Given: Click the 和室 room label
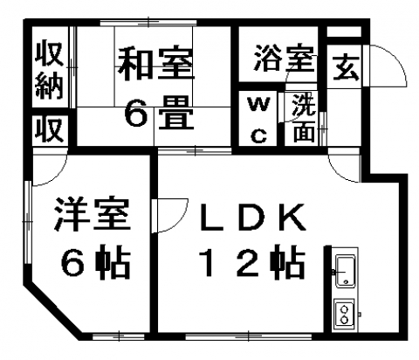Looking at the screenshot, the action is (155, 66).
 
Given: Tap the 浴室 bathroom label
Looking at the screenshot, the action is (285, 59).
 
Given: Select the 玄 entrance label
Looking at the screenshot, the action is (347, 68).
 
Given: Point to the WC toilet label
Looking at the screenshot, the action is (258, 120).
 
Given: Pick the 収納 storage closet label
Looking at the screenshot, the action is (50, 70).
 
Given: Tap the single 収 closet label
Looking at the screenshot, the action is (50, 129).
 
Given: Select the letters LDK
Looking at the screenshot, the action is (252, 217).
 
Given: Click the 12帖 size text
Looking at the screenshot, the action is (252, 261).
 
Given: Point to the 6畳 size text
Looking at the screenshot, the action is (159, 113).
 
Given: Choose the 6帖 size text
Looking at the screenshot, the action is (95, 261).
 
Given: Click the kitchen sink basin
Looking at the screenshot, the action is (346, 271).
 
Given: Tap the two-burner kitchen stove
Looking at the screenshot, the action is (345, 315).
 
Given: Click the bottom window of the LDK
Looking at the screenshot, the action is (249, 336).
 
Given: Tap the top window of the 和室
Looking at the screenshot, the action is (148, 23).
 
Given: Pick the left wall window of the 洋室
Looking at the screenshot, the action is (28, 222).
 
